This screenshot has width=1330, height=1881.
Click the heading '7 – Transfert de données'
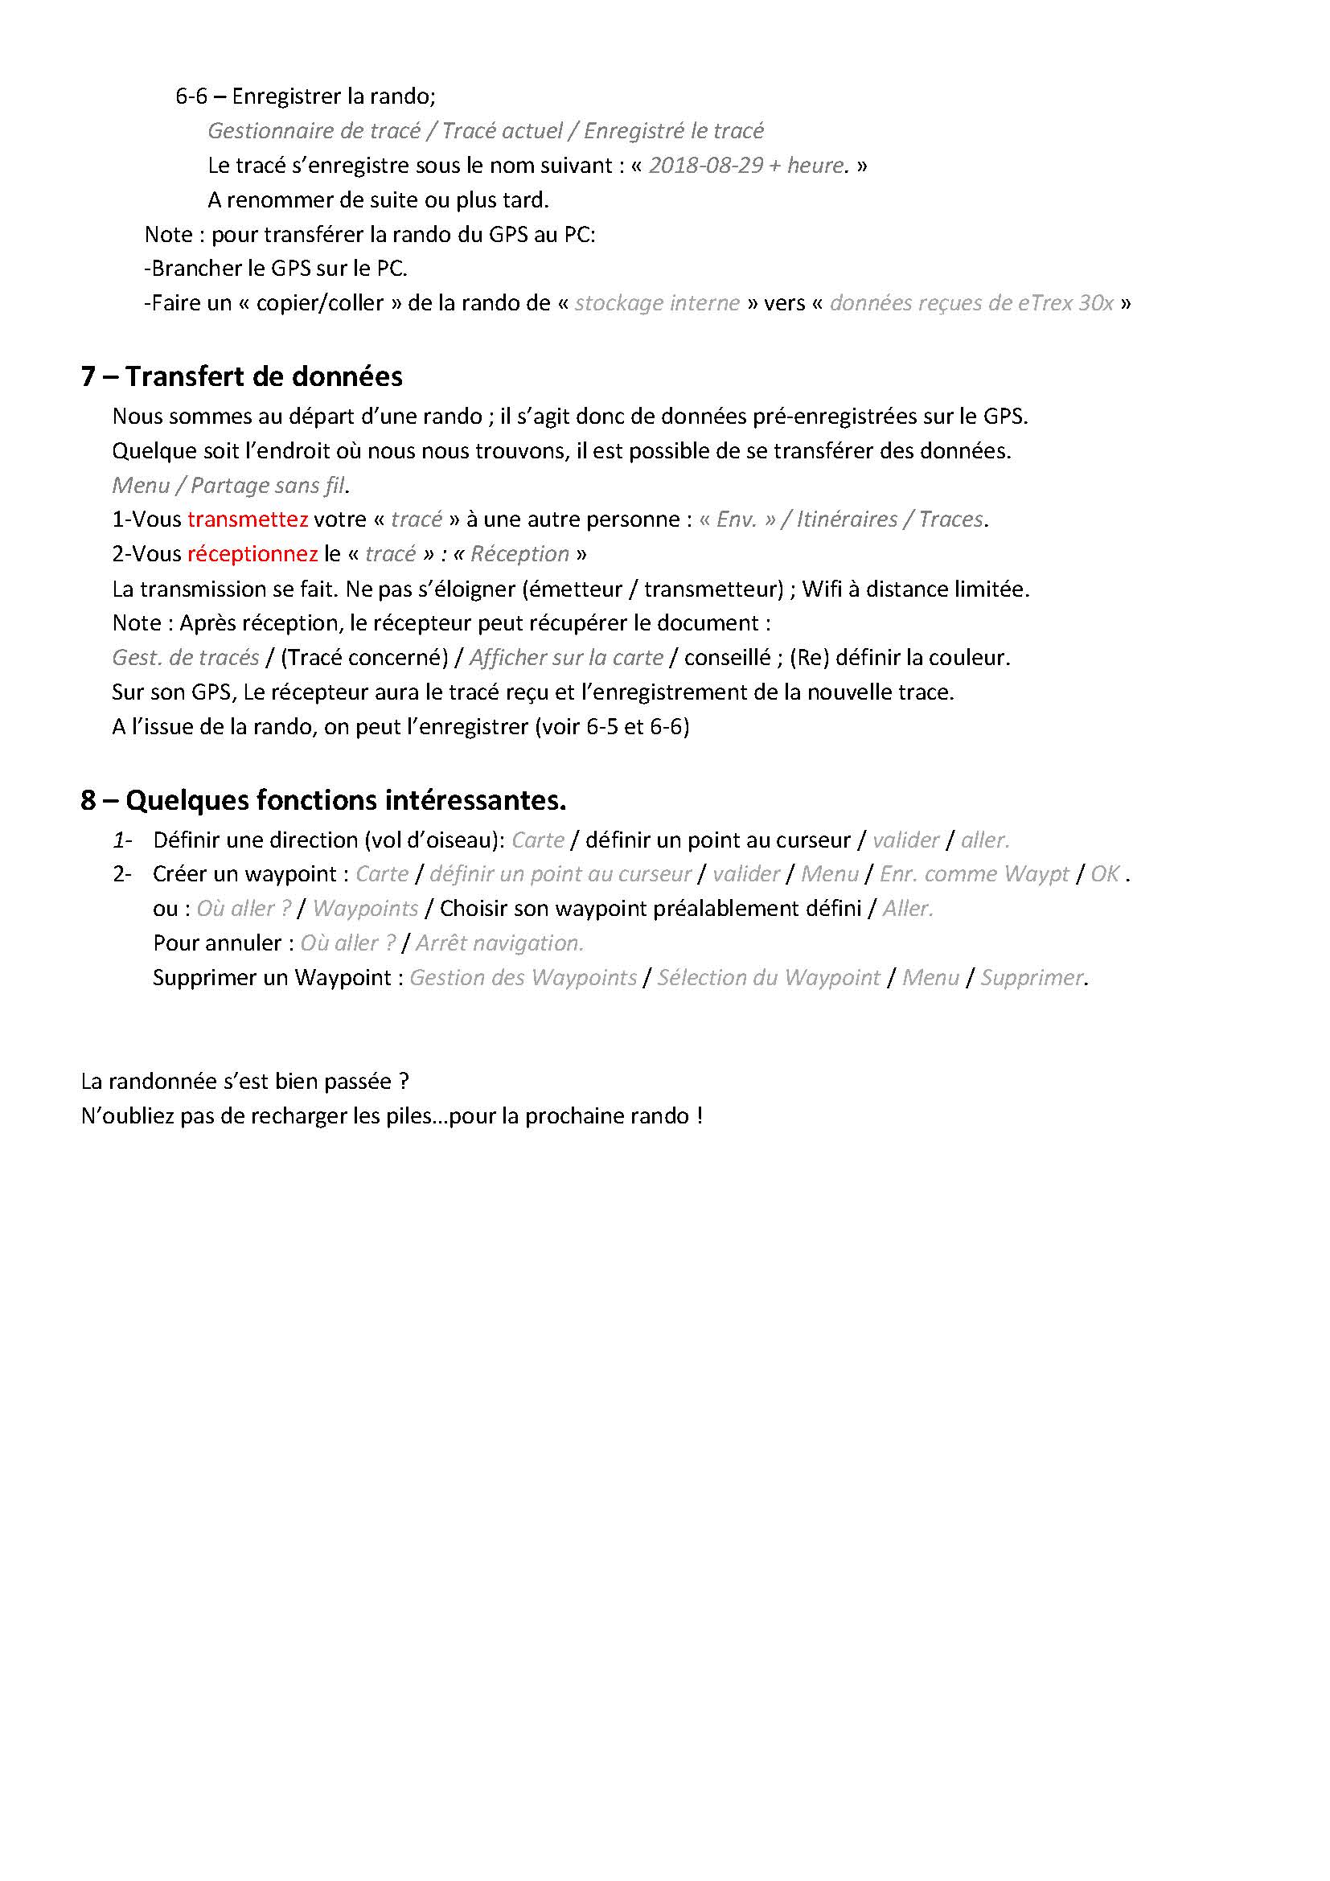[241, 376]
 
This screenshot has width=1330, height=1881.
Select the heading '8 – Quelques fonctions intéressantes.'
[322, 799]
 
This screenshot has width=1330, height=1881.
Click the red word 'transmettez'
[248, 520]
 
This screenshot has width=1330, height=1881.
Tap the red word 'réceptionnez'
[252, 554]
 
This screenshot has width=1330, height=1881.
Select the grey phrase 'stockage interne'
[657, 303]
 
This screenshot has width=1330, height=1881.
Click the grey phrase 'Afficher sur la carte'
[566, 658]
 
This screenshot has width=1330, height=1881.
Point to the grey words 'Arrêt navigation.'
[499, 943]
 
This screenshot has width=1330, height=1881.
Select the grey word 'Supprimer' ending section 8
[1032, 977]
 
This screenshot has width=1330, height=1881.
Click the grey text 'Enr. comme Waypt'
[974, 874]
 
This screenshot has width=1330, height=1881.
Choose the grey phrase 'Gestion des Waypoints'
[523, 977]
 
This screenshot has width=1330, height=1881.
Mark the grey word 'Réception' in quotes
[519, 554]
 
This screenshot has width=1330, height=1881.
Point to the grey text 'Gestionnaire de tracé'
[314, 131]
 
